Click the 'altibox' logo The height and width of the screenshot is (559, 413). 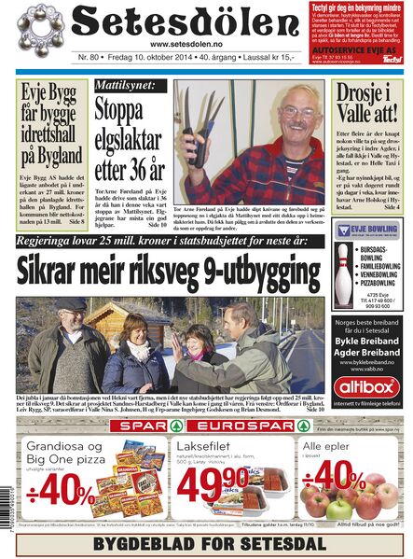tap(368, 385)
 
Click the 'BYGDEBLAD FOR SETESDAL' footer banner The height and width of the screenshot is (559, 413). tap(206, 543)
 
